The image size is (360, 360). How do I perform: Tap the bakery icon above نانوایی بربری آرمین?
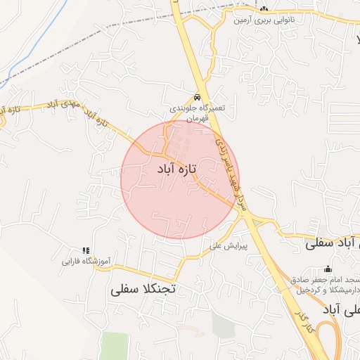tap(264, 9)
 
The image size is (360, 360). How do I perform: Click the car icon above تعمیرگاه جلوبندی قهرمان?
tap(197, 96)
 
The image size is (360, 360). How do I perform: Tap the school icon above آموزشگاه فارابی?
tap(86, 250)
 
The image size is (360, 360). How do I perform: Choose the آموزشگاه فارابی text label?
tap(86, 262)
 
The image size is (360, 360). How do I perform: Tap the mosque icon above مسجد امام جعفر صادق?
tap(328, 269)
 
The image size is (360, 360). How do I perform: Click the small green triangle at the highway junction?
tap(256, 223)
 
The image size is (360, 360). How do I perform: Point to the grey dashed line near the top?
tap(141, 21)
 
